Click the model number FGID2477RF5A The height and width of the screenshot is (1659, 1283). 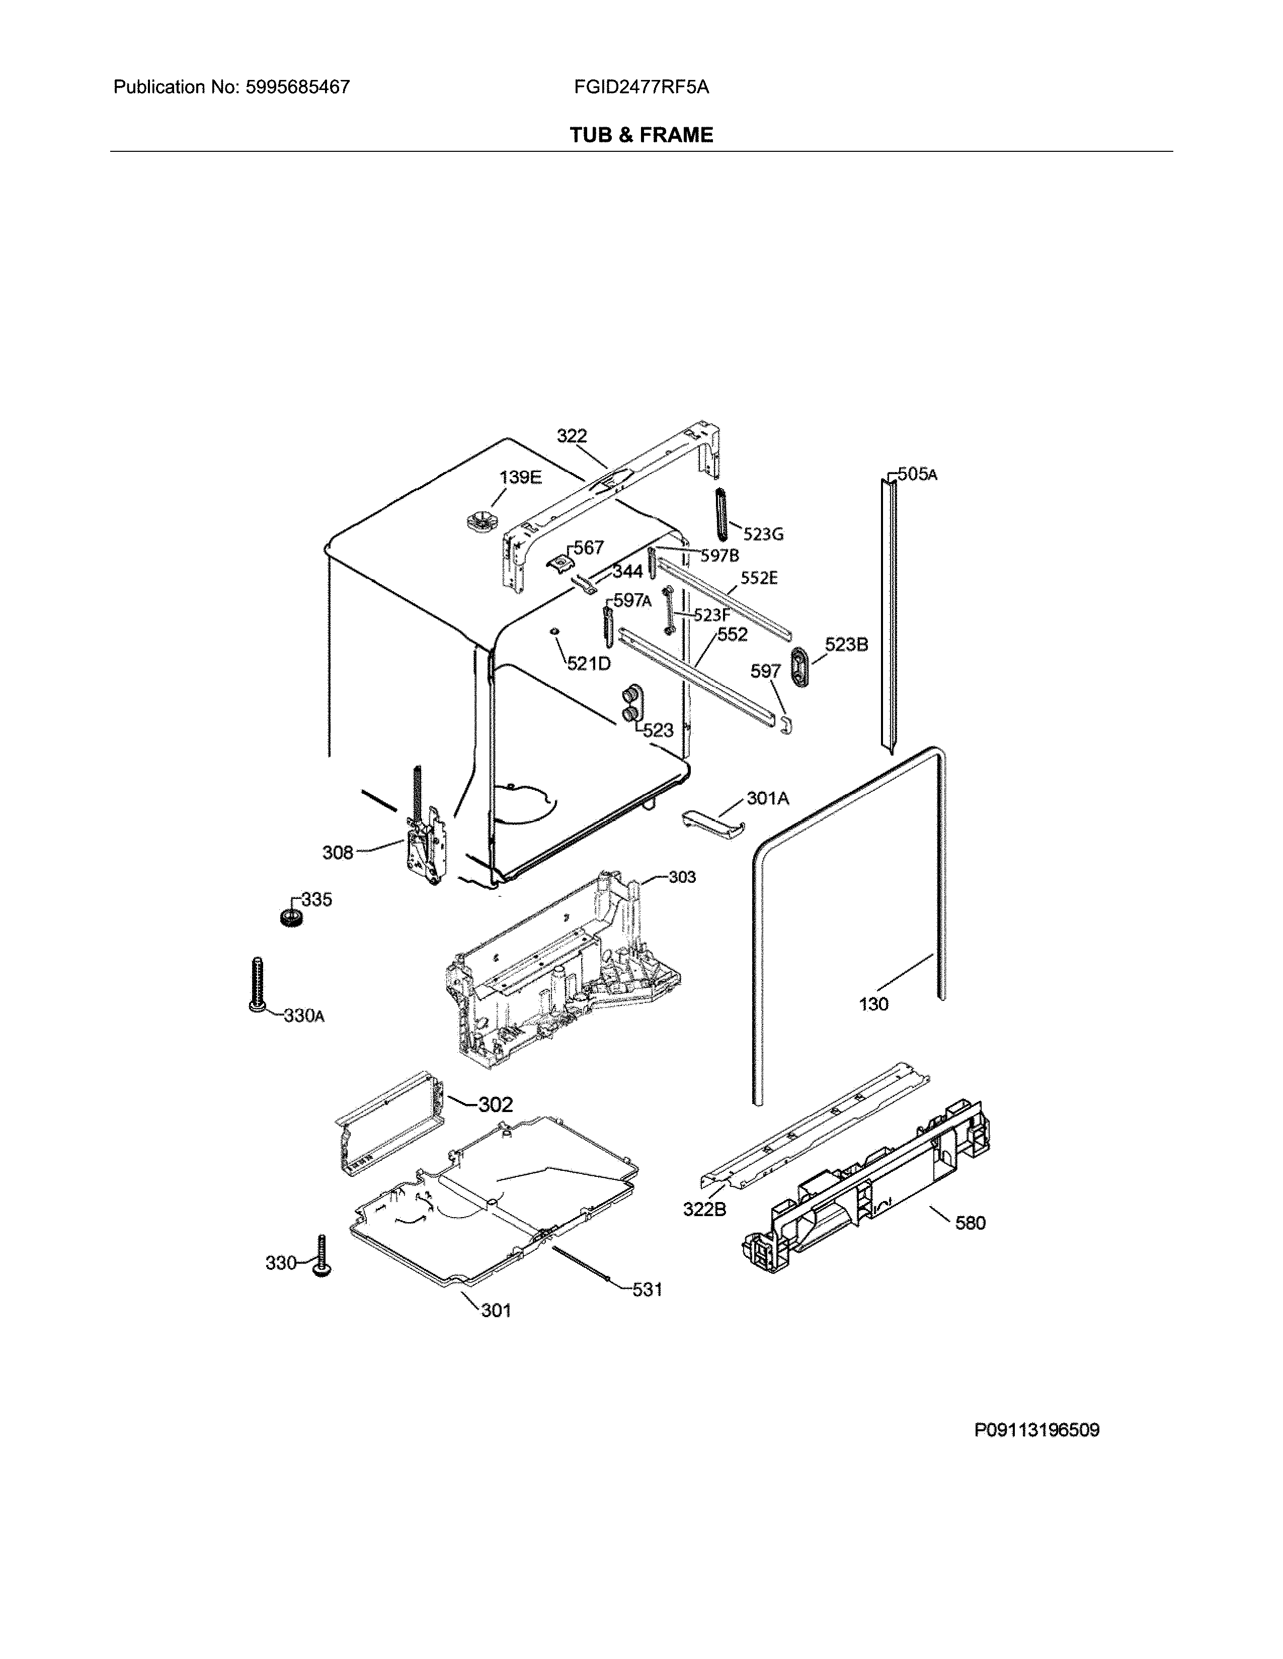point(641,87)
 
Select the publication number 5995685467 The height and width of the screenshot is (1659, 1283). point(298,87)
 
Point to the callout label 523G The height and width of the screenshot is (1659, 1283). point(763,534)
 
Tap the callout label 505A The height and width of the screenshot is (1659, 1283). point(917,474)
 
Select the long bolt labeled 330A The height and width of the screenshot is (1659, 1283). point(256,984)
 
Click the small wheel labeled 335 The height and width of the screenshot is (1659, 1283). point(290,916)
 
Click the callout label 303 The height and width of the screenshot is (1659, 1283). point(682,877)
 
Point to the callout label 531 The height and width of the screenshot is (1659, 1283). point(647,1290)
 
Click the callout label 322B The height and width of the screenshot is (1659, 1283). point(704,1209)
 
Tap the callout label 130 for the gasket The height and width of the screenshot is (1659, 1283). point(873,1004)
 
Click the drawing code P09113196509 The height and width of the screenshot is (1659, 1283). point(1037,1430)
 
